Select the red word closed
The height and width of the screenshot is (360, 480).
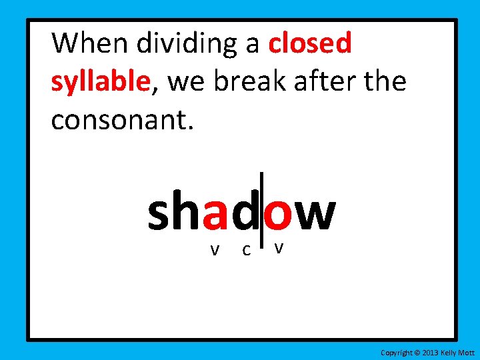(310, 44)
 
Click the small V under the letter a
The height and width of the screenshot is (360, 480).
(214, 251)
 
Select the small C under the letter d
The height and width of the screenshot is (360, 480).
(246, 251)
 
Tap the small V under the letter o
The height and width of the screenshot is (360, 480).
(279, 248)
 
